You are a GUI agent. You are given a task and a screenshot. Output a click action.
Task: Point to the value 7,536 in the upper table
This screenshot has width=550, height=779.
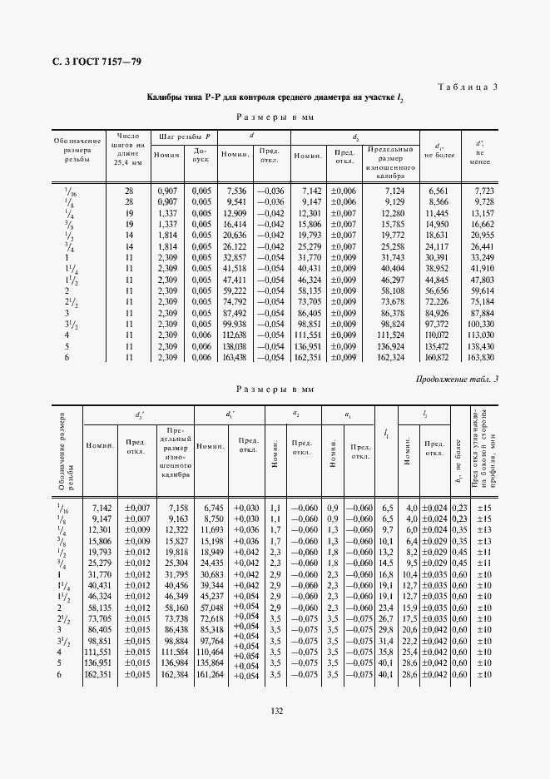point(235,191)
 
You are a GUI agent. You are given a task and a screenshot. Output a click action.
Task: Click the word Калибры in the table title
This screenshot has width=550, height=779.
point(165,98)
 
